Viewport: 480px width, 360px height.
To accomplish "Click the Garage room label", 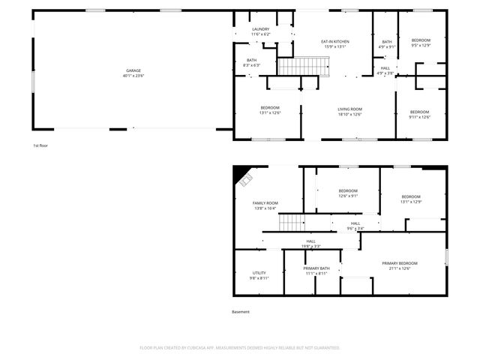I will tap(134, 71).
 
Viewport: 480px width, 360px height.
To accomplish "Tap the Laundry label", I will tap(261, 31).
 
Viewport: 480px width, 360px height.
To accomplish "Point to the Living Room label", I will tap(349, 112).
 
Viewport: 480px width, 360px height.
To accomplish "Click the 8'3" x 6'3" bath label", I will tap(251, 63).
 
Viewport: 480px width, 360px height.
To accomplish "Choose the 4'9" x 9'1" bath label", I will tap(387, 44).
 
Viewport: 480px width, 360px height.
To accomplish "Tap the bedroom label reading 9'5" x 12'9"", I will tap(421, 42).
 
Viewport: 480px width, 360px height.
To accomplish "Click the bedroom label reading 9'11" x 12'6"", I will tap(419, 114).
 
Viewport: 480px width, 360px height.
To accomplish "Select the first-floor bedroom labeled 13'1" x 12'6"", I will tap(270, 110).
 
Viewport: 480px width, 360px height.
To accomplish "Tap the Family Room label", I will tap(265, 205).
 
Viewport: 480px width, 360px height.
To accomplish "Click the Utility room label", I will tap(259, 275).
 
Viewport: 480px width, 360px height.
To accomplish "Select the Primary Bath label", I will tap(316, 271).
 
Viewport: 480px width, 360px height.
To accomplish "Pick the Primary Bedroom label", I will tap(399, 265).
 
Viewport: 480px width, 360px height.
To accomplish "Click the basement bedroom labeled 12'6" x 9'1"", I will tap(348, 193).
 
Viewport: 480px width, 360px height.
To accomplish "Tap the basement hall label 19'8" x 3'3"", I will tap(310, 243).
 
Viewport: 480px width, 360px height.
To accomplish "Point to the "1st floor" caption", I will tap(40, 145).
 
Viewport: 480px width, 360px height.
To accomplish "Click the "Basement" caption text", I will tap(241, 312).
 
